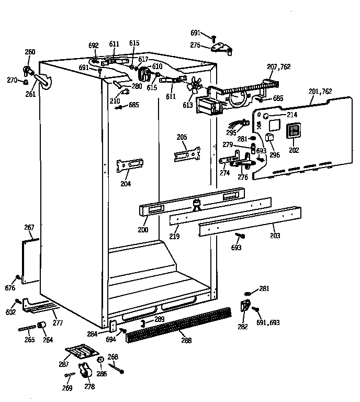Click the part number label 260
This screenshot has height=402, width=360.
pos(30,52)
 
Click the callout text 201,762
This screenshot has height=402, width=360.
pos(320,91)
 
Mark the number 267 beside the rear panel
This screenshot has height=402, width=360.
pos(29,227)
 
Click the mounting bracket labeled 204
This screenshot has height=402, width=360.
pos(129,166)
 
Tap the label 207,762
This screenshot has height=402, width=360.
pos(278,66)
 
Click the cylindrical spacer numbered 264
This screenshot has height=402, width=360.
pos(41,327)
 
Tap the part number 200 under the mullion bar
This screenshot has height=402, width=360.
pos(142,230)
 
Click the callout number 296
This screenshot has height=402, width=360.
pos(274,154)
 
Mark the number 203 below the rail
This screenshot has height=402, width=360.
pos(275,236)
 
